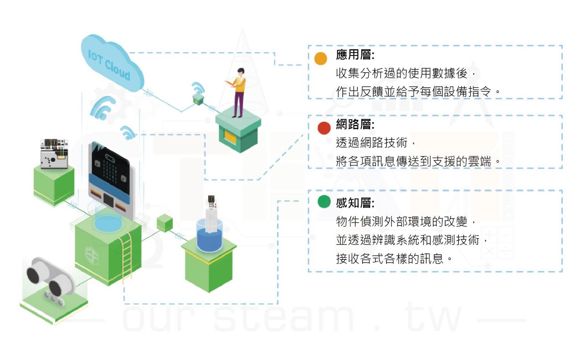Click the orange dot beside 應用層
point(320,59)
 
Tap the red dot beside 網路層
point(324,128)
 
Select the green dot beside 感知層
point(324,202)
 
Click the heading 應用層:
point(355,55)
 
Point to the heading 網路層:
point(355,124)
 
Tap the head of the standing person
point(241,72)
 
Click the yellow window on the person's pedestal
point(230,137)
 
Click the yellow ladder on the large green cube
point(127,257)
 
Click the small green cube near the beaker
point(165,223)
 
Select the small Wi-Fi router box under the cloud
point(198,100)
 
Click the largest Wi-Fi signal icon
point(102,108)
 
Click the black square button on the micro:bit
point(108,200)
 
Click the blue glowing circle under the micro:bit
point(108,223)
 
